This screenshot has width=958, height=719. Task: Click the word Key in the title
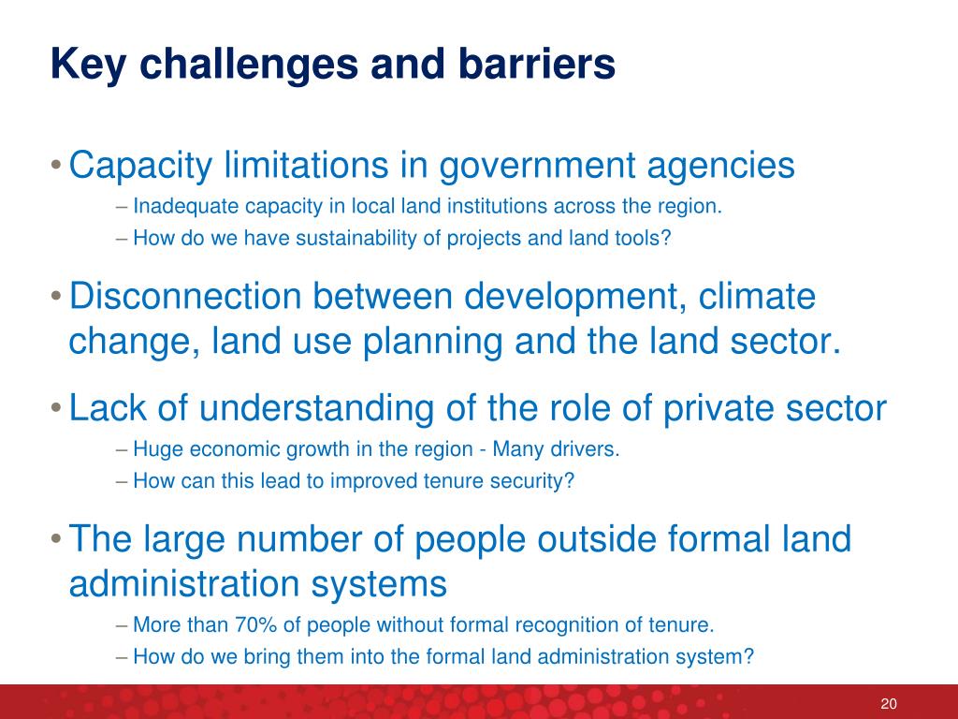(89, 65)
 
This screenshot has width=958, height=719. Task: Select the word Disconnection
(185, 296)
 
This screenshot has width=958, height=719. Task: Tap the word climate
(756, 296)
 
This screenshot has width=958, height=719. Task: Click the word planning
(432, 342)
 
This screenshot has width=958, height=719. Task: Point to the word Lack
(108, 407)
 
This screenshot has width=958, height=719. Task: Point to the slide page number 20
(889, 703)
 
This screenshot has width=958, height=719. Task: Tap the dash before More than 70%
(121, 625)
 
